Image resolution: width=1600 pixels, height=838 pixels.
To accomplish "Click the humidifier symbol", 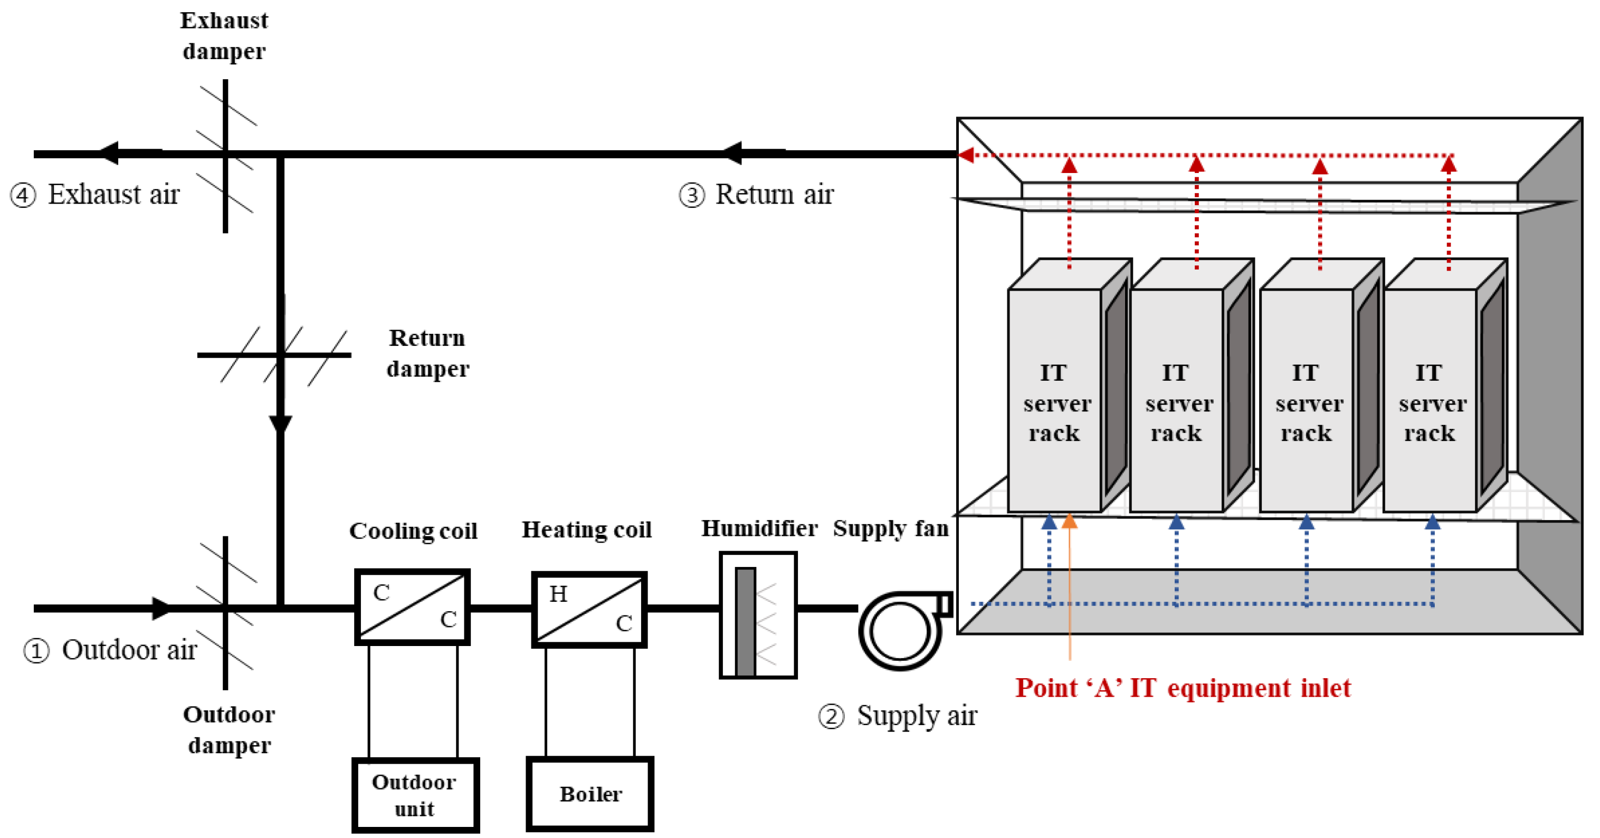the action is point(758,614).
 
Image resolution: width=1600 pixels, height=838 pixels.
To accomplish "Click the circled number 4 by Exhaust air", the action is point(23,196).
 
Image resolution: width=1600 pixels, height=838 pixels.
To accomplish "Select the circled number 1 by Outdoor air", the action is point(36,651).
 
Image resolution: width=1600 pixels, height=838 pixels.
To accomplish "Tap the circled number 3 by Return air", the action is point(691,196).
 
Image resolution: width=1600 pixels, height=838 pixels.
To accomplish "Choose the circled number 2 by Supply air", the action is point(831,716).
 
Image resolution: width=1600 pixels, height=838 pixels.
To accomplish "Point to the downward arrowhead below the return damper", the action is point(280,425).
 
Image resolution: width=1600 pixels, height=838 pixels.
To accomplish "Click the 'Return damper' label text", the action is point(427,353).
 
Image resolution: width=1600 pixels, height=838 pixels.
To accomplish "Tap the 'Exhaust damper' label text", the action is point(224,35).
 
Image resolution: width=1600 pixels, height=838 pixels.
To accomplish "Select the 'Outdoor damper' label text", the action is point(228,729).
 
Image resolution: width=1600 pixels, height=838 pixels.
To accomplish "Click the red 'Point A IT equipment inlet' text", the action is point(1183,688).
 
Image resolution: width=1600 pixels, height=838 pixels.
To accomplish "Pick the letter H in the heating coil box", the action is point(558,594).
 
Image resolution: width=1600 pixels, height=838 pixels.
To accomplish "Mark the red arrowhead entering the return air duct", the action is point(965,155).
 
